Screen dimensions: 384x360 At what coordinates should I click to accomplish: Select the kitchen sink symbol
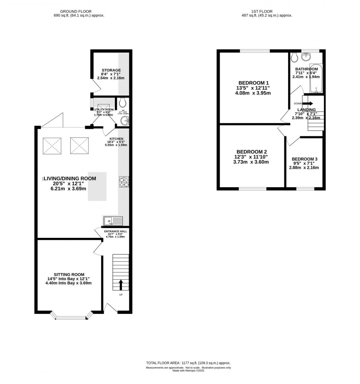pyautogui.click(x=113, y=221)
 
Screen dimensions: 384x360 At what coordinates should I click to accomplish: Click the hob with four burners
pyautogui.click(x=123, y=182)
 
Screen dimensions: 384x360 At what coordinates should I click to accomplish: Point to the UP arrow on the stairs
pyautogui.click(x=121, y=284)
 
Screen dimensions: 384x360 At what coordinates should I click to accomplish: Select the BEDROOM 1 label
pyautogui.click(x=253, y=83)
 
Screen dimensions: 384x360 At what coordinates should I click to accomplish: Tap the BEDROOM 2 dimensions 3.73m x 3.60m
pyautogui.click(x=251, y=162)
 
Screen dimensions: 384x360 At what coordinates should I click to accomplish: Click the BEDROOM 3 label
pyautogui.click(x=305, y=159)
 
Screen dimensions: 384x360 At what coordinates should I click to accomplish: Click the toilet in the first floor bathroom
pyautogui.click(x=294, y=58)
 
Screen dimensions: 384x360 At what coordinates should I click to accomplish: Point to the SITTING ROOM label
pyautogui.click(x=69, y=275)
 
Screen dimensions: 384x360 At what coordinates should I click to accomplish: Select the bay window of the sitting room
pyautogui.click(x=72, y=316)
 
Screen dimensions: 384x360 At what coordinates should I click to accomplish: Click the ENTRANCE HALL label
pyautogui.click(x=115, y=231)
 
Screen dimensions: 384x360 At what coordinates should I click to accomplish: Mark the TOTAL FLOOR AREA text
pyautogui.click(x=188, y=363)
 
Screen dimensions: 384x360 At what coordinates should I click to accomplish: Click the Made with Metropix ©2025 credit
pyautogui.click(x=188, y=371)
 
